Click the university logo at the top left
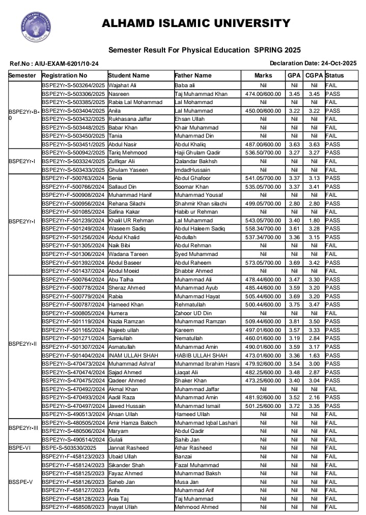[x=36, y=28]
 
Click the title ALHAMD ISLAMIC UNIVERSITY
[x=196, y=23]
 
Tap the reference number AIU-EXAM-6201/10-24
[x=54, y=64]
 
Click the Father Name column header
[x=193, y=75]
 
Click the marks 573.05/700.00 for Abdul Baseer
[x=263, y=263]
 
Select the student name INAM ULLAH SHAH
[x=132, y=355]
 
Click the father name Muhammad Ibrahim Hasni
[x=207, y=364]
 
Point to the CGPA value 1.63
[x=314, y=355]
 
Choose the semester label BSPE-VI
[x=21, y=448]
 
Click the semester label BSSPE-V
[x=21, y=482]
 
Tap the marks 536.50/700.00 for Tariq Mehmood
[x=263, y=153]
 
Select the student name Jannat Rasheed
[x=128, y=448]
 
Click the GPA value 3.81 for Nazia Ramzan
[x=294, y=322]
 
